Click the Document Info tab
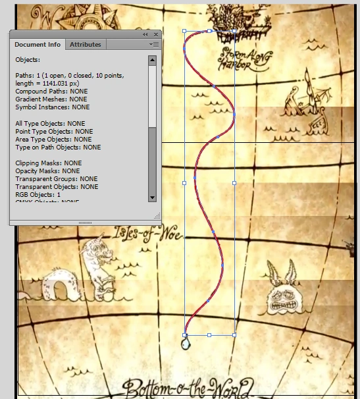click(37, 45)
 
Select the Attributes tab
click(86, 45)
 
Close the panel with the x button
click(156, 34)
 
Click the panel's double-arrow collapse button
click(145, 34)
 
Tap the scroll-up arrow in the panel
click(152, 60)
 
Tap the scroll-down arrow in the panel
click(152, 197)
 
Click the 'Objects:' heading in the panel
click(27, 59)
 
